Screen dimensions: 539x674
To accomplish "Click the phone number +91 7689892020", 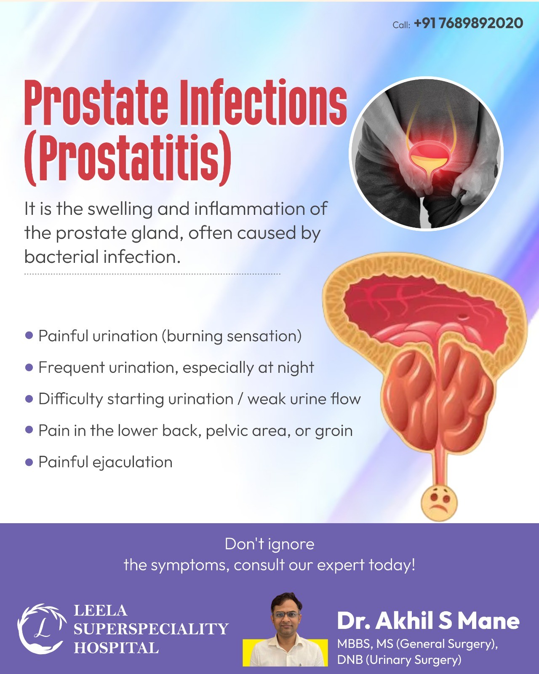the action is tap(468, 24).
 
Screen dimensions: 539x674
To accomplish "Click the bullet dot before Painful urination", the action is tap(29, 335).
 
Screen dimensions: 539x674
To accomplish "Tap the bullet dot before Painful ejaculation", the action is tap(29, 462).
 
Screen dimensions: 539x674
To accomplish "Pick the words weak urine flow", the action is tap(304, 399).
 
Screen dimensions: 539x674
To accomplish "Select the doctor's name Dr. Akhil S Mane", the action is tap(428, 621).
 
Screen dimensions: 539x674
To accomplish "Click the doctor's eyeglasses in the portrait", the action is tap(286, 615).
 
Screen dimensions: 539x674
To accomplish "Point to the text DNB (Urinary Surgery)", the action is tap(399, 660).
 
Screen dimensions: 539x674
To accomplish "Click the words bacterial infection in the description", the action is tap(102, 257).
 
